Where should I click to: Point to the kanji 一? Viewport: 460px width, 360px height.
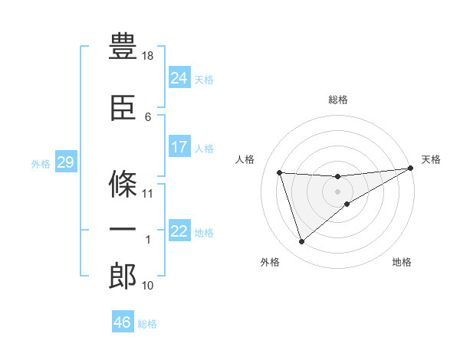tap(123, 229)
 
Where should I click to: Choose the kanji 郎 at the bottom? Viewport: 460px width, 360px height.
tap(123, 277)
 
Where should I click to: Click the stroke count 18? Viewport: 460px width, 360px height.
tap(149, 57)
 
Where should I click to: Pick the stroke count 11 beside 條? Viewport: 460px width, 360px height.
tap(149, 194)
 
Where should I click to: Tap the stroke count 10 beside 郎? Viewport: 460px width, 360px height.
tap(149, 286)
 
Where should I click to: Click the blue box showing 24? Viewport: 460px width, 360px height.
tap(179, 78)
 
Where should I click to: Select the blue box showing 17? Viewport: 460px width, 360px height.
tap(179, 147)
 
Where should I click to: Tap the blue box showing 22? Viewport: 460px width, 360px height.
tap(179, 232)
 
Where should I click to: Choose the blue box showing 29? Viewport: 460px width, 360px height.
tap(66, 162)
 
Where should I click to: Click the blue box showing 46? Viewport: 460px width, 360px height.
tap(122, 322)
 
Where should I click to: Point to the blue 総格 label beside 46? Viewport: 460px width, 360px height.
tap(147, 324)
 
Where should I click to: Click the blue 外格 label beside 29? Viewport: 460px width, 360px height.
tap(41, 164)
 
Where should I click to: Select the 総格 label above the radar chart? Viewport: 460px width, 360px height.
tap(337, 100)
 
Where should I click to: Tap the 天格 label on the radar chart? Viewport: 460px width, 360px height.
tap(431, 159)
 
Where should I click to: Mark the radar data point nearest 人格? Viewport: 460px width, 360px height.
tap(280, 172)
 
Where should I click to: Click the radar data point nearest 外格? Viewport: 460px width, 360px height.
tap(301, 242)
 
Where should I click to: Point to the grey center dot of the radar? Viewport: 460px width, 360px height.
tap(337, 191)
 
